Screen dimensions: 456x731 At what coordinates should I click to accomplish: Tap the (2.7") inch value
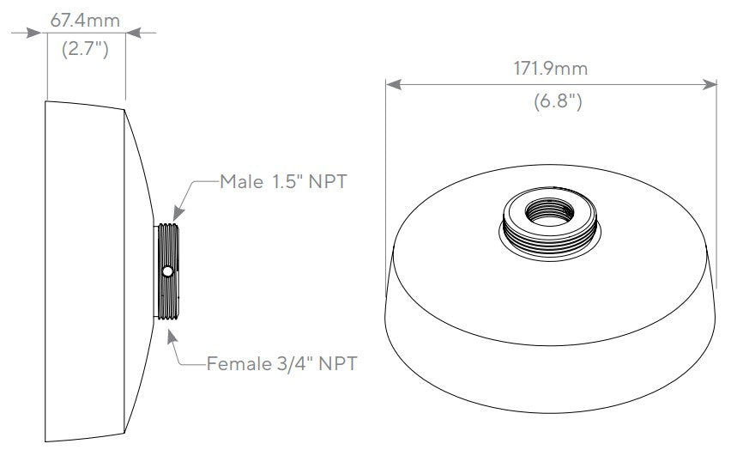tap(85, 49)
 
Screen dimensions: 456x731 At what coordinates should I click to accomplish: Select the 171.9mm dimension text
tap(550, 70)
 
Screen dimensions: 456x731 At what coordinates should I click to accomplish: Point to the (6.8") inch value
tap(550, 101)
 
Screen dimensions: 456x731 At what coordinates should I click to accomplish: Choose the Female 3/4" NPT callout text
tap(281, 363)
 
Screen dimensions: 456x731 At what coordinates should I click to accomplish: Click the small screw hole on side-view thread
tap(167, 271)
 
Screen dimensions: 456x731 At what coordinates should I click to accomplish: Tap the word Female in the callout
tap(234, 363)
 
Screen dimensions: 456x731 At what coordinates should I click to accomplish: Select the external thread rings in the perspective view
tap(549, 230)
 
